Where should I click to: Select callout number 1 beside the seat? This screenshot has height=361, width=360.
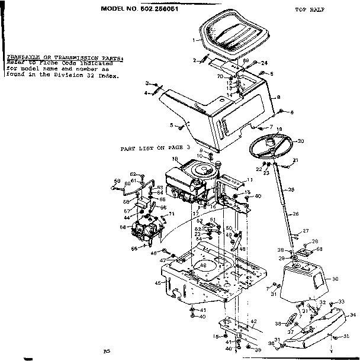194,40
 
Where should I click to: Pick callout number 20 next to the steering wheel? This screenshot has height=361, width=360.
300,141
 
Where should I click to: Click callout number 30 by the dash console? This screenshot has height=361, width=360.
336,278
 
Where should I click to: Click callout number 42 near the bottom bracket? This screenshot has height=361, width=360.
253,321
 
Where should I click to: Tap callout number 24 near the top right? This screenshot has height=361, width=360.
265,63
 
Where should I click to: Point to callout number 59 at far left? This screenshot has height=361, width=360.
117,180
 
